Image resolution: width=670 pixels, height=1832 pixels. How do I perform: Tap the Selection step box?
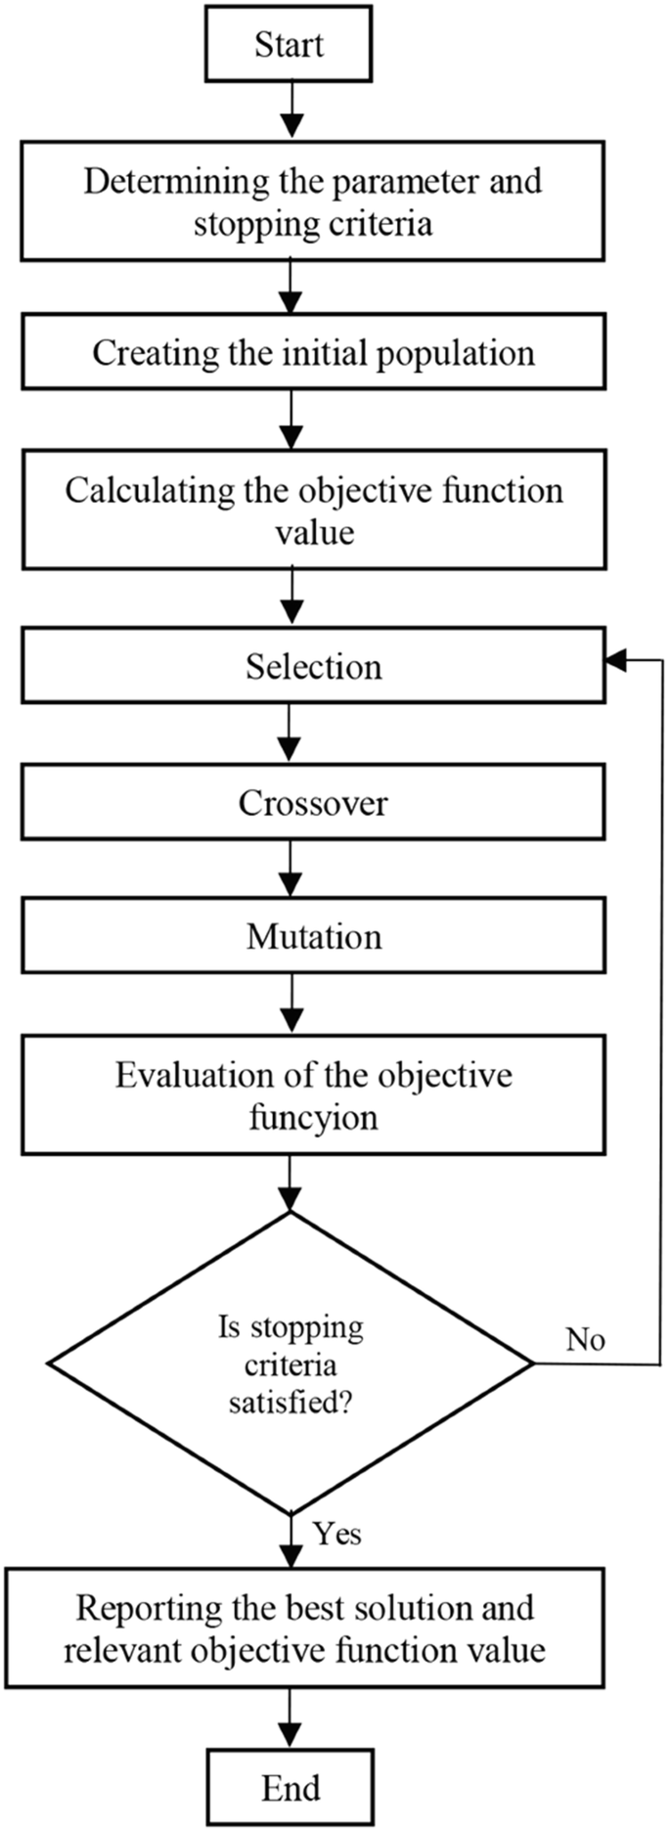pos(313,667)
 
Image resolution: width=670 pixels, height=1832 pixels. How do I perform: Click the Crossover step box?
pos(313,803)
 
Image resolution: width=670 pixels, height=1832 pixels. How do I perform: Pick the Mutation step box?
pos(313,937)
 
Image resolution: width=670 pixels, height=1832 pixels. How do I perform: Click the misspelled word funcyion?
pos(313,1117)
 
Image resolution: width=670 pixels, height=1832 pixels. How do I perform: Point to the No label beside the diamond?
pos(585,1339)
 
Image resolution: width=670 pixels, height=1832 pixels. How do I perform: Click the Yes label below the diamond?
pos(337,1534)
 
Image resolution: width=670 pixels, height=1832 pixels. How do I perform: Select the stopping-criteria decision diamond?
pos(291,1363)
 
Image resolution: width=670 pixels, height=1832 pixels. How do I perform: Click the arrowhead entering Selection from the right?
pos(615,661)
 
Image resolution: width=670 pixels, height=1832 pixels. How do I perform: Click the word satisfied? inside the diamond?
pos(291,1404)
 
